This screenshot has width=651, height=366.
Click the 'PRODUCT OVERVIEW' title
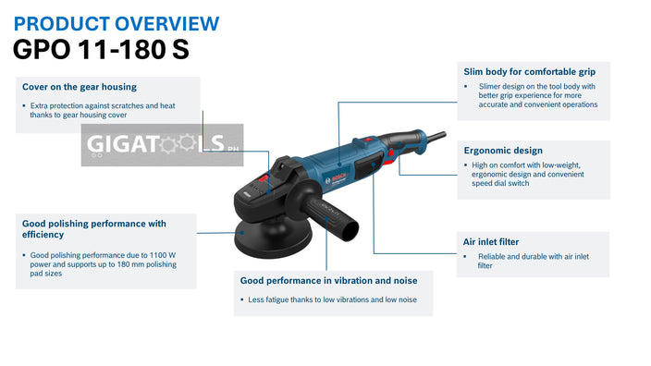[x=117, y=22]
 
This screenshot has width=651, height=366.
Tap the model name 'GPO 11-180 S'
[x=102, y=49]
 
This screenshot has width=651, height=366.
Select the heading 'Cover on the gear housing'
[x=80, y=87]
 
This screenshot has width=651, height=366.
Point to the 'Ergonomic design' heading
[x=502, y=150]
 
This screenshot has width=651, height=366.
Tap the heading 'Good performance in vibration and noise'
[x=328, y=280]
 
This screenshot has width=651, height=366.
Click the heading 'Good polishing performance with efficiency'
[x=93, y=228]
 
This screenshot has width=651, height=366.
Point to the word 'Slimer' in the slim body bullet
[x=492, y=86]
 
